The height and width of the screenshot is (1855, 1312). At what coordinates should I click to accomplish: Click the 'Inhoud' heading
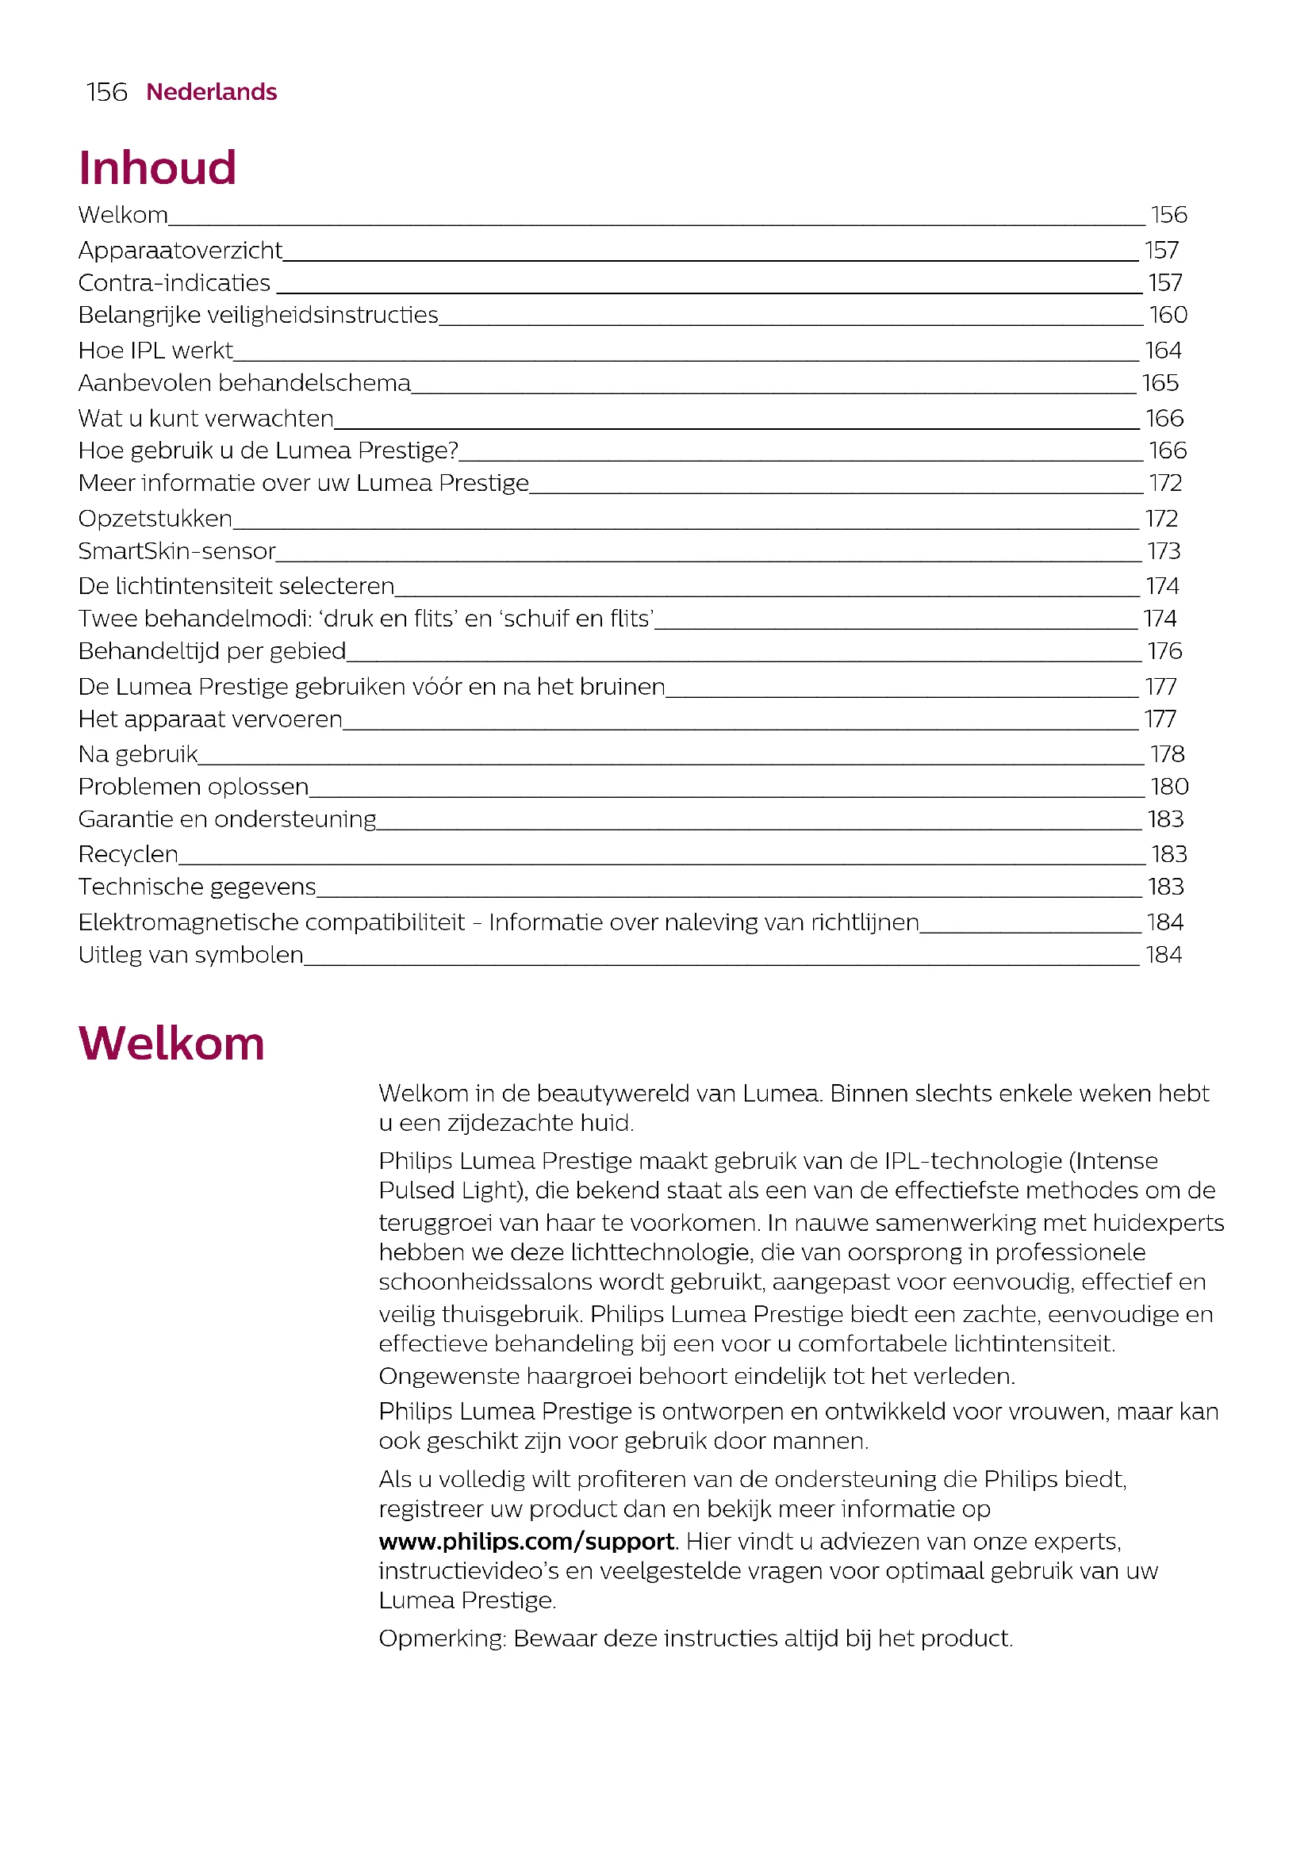pos(158,168)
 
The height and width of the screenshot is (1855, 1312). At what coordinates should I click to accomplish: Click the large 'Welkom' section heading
pos(171,1043)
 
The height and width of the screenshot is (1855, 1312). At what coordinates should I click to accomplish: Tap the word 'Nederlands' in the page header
pos(212,92)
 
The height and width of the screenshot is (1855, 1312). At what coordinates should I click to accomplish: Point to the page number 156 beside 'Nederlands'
pos(106,92)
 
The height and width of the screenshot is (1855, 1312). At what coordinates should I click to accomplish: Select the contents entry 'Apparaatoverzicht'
pos(180,251)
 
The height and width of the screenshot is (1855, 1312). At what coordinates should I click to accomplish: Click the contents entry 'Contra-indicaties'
pos(175,283)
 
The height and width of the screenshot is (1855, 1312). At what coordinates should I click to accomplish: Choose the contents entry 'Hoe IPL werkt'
pos(156,351)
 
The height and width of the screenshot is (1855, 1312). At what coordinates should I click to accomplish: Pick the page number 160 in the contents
pos(1168,315)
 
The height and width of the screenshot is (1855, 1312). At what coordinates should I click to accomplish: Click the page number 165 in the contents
pos(1160,383)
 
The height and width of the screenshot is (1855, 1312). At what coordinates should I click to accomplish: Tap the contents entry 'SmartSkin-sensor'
pos(177,551)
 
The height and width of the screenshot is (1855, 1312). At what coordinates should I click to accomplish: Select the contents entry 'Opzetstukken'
pos(155,519)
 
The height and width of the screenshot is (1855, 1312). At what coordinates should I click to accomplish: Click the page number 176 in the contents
pos(1164,651)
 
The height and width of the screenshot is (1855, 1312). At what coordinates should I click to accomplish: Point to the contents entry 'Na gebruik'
pos(138,754)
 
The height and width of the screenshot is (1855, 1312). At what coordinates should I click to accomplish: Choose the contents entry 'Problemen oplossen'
pos(193,787)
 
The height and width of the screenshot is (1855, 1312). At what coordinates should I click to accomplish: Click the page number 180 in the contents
pos(1169,787)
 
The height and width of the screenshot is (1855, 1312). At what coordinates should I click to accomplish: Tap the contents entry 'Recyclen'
pos(129,854)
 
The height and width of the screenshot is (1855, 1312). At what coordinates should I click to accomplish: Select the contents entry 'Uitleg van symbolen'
pos(190,955)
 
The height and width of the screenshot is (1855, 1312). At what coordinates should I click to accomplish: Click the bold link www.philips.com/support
pos(526,1543)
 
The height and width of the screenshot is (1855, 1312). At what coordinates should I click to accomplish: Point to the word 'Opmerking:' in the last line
pos(442,1638)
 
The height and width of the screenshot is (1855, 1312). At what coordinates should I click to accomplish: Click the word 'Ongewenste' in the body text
pos(448,1377)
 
